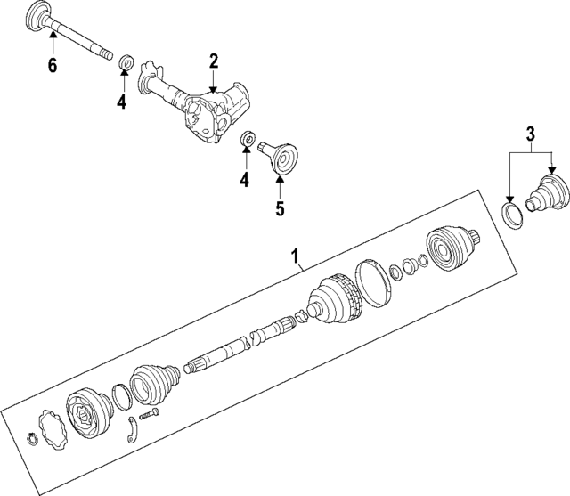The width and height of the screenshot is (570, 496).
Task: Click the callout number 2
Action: (x=214, y=61)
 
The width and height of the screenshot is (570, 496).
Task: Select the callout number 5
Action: (x=279, y=210)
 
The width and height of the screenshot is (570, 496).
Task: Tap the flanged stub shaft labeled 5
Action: (x=281, y=161)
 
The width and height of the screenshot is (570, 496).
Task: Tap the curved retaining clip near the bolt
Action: (x=132, y=431)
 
